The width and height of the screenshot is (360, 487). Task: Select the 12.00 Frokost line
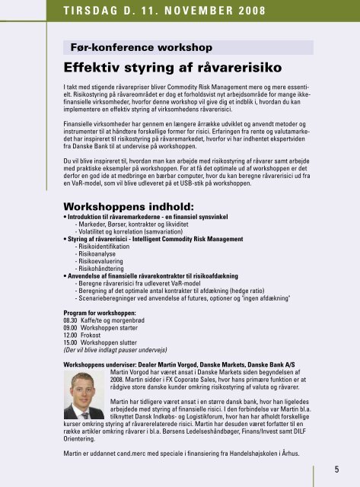(91, 336)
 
